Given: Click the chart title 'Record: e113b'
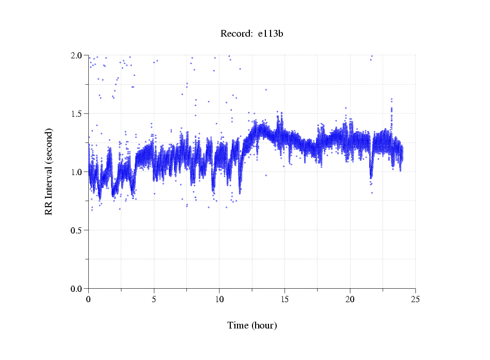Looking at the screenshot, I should [252, 34].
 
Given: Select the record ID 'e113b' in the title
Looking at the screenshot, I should [271, 34].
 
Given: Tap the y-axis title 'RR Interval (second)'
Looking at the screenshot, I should [49, 171].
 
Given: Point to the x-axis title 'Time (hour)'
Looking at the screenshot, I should [252, 325].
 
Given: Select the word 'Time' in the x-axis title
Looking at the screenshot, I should [238, 325].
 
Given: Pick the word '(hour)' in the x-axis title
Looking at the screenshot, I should [264, 325].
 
